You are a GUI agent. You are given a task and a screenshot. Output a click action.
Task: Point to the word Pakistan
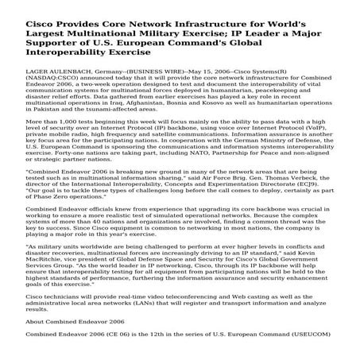pyautogui.click(x=32, y=109)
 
